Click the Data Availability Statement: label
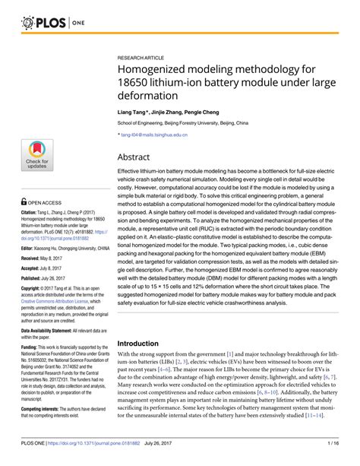click(x=52, y=331)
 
